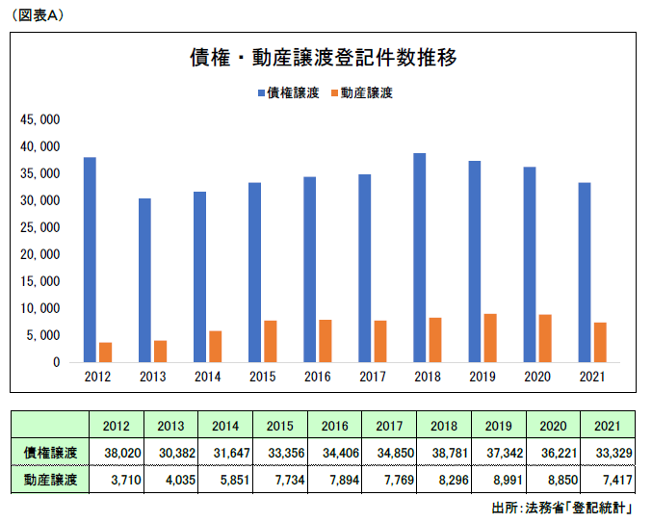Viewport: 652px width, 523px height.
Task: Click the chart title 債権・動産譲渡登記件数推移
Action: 323,58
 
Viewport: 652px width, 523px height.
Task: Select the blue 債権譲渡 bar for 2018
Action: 419,257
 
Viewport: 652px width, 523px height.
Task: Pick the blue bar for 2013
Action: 144,280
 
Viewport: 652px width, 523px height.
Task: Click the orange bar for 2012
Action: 106,353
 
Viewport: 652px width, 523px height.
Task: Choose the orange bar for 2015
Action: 271,341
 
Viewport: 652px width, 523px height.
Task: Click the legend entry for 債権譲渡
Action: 288,93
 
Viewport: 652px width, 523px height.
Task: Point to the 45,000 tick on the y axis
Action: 40,120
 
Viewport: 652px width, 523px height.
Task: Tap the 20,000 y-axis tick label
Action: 40,255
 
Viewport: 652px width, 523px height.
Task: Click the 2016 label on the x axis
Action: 317,378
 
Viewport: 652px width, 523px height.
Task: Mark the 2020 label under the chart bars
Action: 536,378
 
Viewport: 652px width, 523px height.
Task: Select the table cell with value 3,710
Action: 116,479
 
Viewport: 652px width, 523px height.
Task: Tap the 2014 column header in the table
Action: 224,425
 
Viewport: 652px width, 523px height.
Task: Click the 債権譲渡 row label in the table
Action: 50,452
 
